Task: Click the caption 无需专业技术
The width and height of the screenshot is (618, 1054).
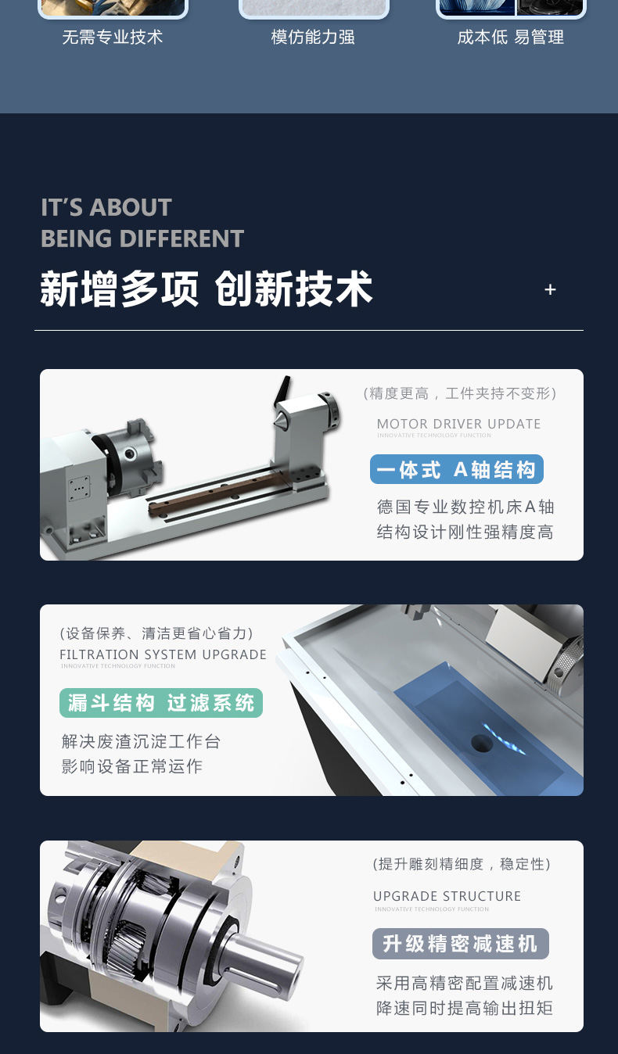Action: (113, 38)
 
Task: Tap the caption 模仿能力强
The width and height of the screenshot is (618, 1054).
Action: (313, 38)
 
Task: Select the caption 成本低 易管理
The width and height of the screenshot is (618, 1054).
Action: (510, 38)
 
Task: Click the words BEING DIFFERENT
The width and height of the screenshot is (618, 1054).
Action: (142, 238)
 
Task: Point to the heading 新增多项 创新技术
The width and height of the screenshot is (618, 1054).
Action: (207, 289)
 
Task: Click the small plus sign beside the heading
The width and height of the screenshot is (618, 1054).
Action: (550, 290)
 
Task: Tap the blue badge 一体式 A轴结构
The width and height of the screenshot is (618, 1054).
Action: (457, 470)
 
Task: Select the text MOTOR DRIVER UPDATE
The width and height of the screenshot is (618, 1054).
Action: (458, 424)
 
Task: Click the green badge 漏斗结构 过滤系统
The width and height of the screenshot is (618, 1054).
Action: (161, 703)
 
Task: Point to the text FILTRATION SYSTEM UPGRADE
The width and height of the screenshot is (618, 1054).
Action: (163, 654)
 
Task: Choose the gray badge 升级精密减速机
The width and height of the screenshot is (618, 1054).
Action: (460, 944)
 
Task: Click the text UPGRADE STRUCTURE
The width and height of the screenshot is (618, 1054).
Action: (447, 896)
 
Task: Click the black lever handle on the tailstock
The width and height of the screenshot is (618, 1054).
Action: (282, 390)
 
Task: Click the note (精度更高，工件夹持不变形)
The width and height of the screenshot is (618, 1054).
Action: (460, 393)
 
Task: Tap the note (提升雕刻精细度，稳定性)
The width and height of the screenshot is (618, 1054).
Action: (462, 864)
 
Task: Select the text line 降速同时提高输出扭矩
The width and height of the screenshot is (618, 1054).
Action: (465, 1008)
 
